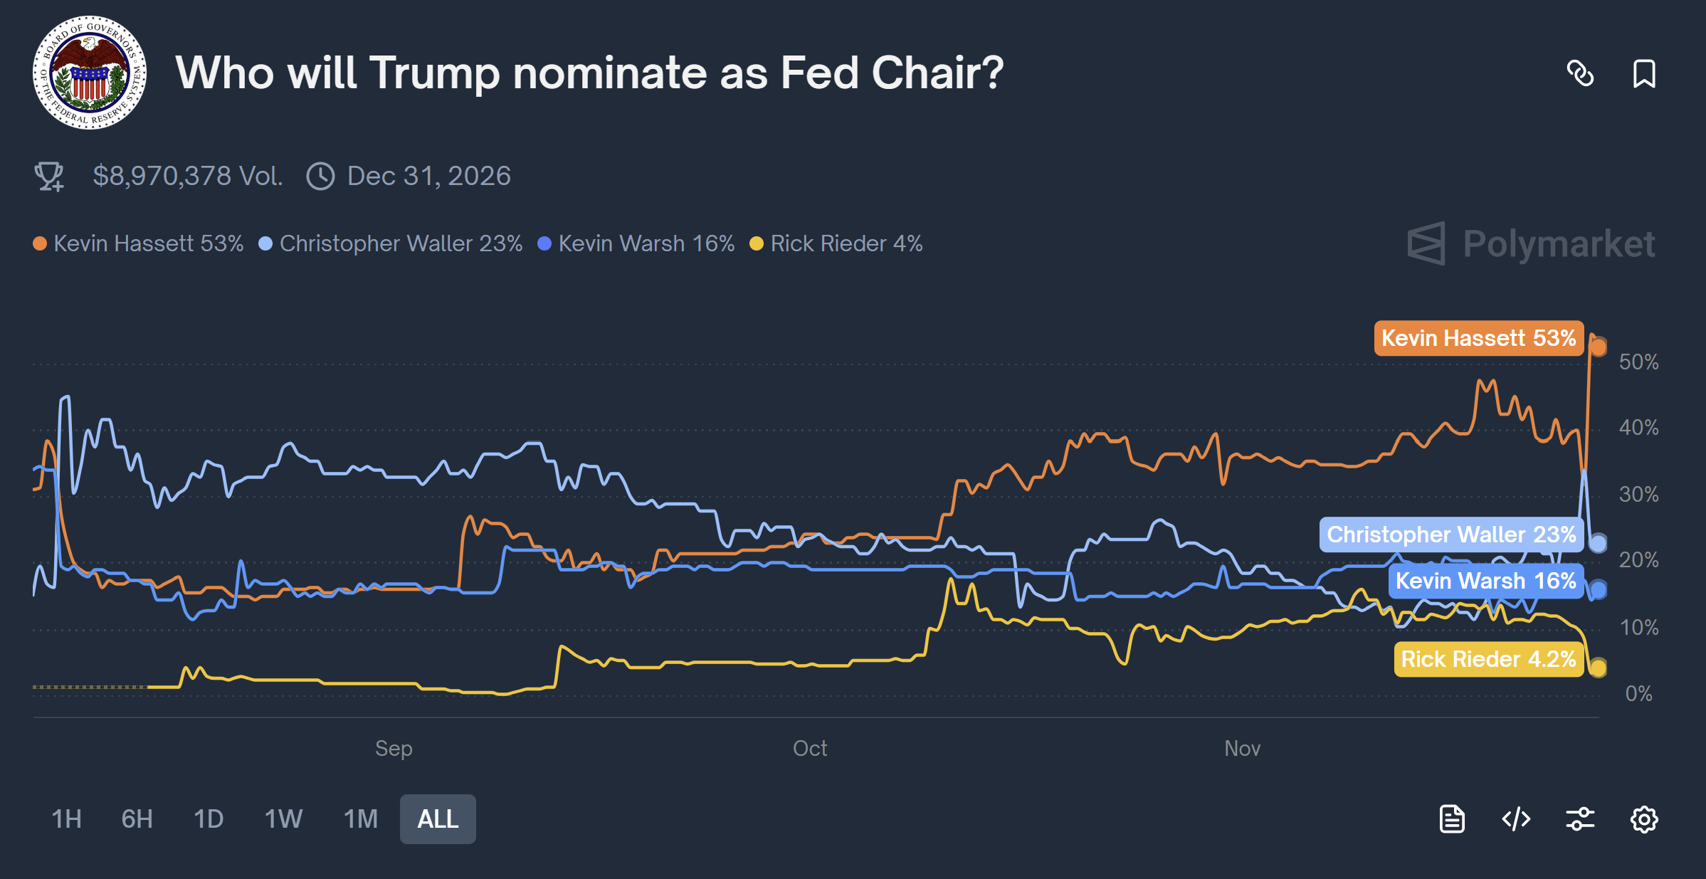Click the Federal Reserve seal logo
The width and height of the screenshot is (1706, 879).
[x=90, y=73]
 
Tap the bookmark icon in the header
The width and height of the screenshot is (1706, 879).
[x=1643, y=73]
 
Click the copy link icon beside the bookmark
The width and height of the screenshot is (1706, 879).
[x=1580, y=73]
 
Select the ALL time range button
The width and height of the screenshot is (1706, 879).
[x=437, y=819]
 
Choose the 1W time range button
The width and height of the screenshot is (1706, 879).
[x=283, y=819]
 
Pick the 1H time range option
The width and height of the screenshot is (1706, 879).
[x=66, y=819]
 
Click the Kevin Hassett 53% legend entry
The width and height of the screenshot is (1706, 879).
[x=139, y=243]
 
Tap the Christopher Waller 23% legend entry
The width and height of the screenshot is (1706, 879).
[x=391, y=243]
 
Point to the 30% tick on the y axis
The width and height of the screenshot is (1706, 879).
[x=1638, y=494]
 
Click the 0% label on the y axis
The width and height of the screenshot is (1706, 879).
[x=1638, y=693]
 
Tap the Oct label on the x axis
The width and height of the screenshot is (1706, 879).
[x=810, y=748]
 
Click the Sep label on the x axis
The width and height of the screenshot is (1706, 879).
[x=394, y=748]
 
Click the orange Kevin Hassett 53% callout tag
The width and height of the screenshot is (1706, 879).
[x=1478, y=338]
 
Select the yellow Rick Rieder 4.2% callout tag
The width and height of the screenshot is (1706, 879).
[x=1488, y=659]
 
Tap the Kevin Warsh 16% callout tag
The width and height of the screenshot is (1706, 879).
[x=1485, y=581]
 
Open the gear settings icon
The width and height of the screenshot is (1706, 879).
[x=1643, y=819]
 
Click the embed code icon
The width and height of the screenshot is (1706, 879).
[x=1516, y=819]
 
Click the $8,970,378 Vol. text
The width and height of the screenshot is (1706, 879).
[x=188, y=176]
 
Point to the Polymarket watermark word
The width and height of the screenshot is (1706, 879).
[x=1559, y=244]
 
